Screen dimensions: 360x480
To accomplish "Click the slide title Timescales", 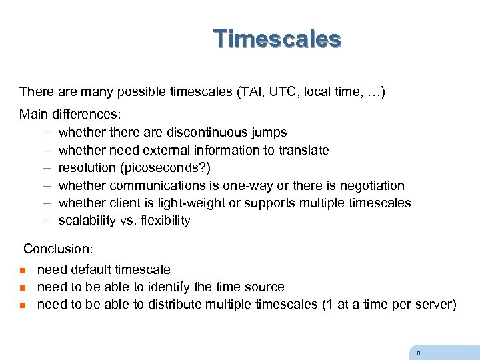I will point(277,39).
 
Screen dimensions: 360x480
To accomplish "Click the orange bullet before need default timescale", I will point(22,271).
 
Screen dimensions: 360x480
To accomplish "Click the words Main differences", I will point(69,115).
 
